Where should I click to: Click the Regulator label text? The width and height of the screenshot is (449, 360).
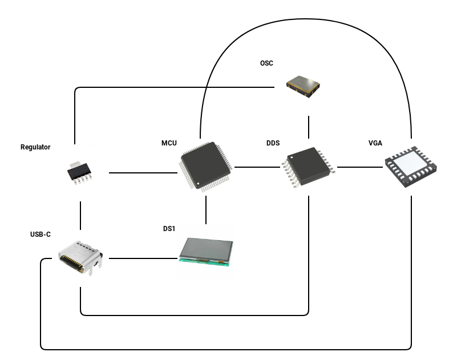click(x=35, y=147)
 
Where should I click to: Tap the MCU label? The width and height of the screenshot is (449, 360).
click(x=169, y=143)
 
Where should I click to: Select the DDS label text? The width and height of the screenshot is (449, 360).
click(x=273, y=143)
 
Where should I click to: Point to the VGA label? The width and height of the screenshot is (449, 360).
click(x=375, y=143)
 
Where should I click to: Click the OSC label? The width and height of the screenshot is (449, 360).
click(x=266, y=63)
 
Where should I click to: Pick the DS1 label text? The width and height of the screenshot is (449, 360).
click(x=169, y=229)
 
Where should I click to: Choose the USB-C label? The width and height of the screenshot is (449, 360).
click(x=41, y=234)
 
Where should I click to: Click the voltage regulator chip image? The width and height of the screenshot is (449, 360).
click(x=80, y=173)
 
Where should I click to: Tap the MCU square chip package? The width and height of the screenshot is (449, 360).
click(x=205, y=167)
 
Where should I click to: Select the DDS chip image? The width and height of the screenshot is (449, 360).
click(x=309, y=167)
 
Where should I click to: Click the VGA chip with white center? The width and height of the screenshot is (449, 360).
click(x=411, y=167)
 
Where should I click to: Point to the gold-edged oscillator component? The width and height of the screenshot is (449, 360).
click(x=303, y=86)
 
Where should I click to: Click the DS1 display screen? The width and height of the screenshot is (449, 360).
click(x=206, y=252)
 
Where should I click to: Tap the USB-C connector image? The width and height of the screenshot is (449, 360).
click(x=80, y=258)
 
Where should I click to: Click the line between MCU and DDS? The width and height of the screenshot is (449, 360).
click(x=257, y=167)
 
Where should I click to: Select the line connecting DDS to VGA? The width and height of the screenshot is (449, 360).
click(x=360, y=167)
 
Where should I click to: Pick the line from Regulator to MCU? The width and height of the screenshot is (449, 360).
click(x=143, y=173)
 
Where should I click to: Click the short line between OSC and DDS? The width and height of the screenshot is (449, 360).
click(x=309, y=127)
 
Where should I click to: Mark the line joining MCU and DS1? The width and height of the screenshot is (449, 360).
click(x=206, y=210)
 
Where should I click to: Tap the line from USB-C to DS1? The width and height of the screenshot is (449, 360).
click(x=143, y=258)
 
